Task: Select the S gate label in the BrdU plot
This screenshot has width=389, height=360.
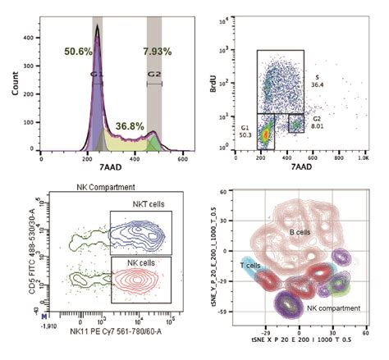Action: (318, 76)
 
